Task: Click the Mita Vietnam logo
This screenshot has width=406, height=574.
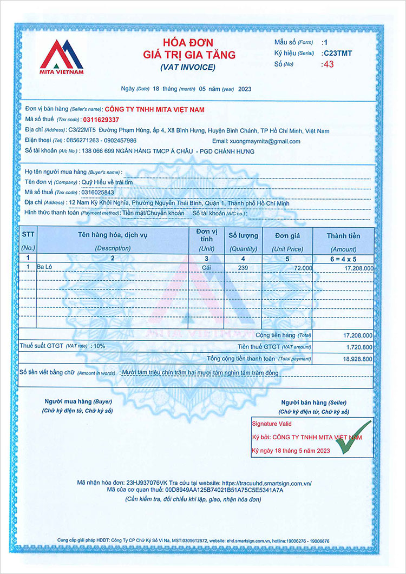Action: [61, 56]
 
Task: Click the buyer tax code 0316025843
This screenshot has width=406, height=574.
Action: [97, 192]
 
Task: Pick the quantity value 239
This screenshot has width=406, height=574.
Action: [243, 268]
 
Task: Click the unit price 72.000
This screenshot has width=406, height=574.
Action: [303, 268]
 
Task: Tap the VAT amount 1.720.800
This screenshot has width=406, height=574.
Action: [358, 347]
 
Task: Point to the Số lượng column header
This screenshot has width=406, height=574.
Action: [243, 235]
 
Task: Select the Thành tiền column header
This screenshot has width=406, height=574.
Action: [343, 235]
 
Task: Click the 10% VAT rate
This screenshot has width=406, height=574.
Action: [100, 345]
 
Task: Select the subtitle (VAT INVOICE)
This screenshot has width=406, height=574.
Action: [188, 67]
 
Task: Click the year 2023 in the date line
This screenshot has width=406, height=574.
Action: [245, 89]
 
